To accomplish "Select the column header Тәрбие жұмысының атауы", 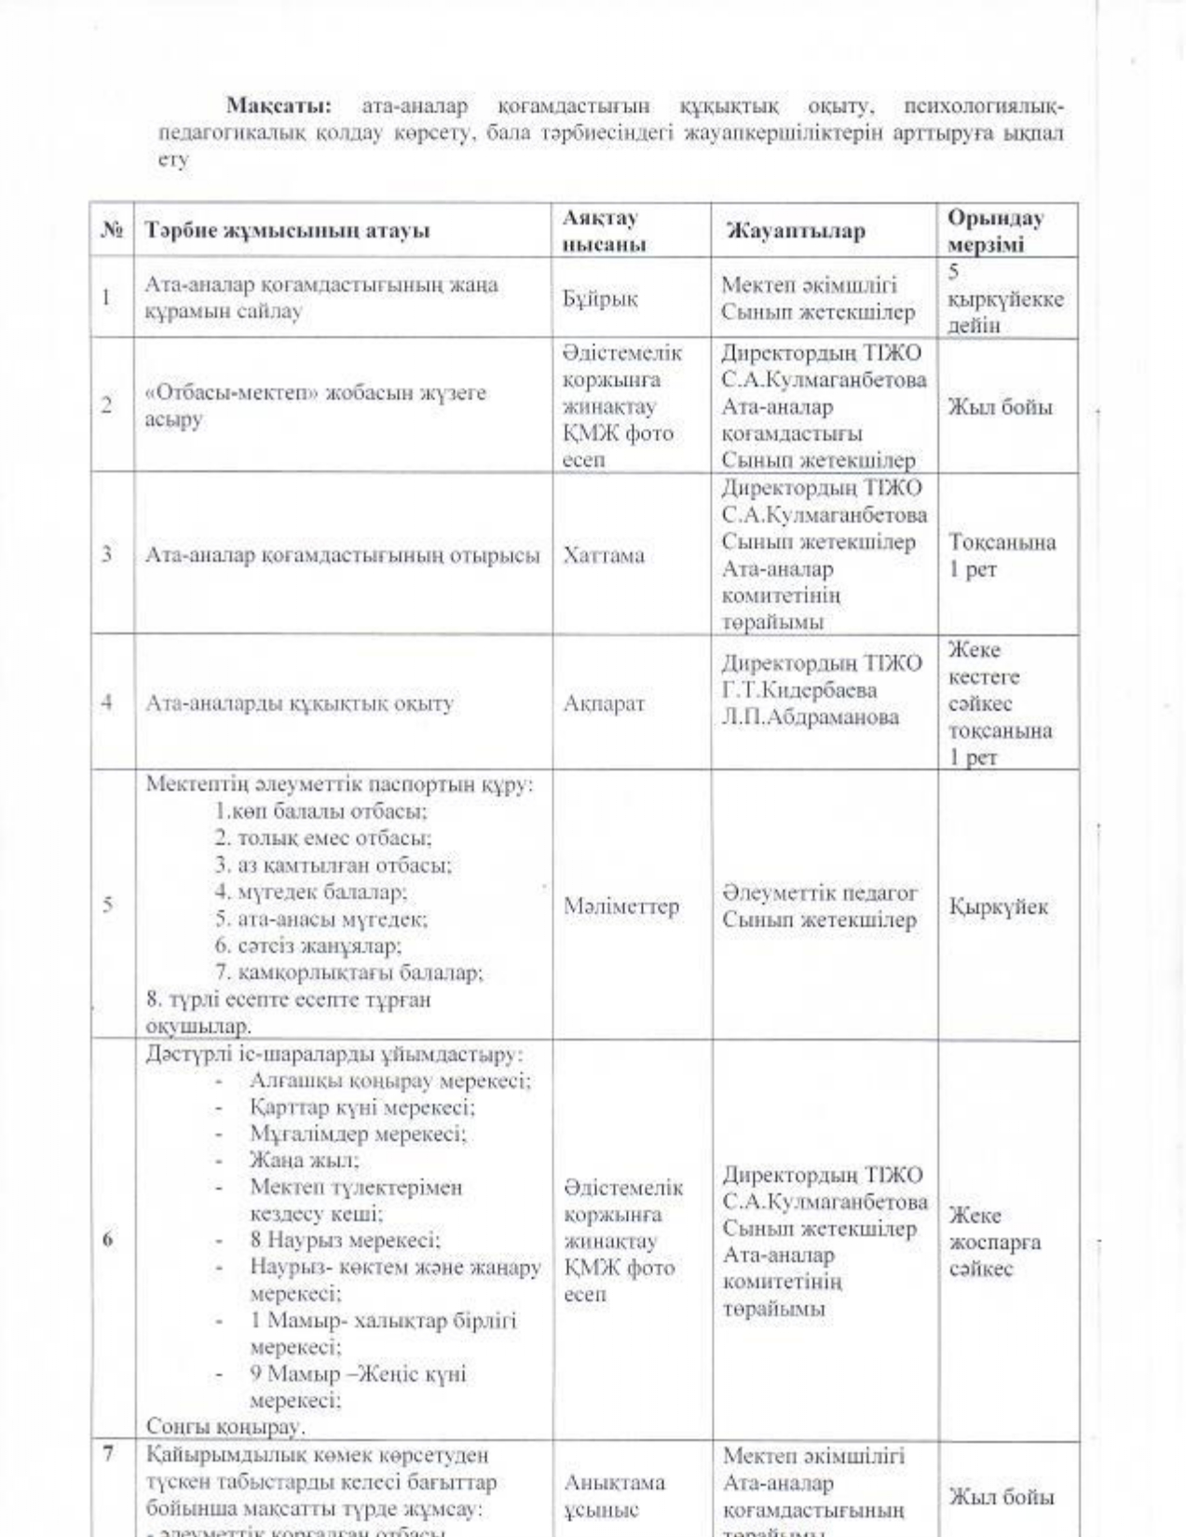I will (287, 231).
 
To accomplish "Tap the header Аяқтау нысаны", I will (604, 231).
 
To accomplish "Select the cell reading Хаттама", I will (603, 555).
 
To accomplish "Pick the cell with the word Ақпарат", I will (603, 703).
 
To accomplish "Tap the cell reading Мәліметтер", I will (620, 906).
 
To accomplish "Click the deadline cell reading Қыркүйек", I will (998, 906).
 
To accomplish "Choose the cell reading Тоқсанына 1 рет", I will (1002, 555).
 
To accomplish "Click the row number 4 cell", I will (107, 703).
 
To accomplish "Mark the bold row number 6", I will (108, 1240).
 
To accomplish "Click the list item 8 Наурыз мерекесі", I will (345, 1240).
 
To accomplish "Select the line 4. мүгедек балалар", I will (310, 891).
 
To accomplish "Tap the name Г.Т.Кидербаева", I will (798, 690).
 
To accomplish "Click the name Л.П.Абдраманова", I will (810, 717).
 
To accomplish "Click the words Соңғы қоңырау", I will (225, 1426).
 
